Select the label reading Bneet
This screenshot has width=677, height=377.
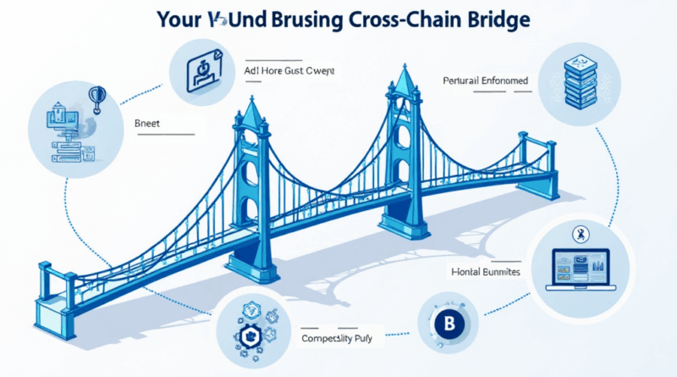click(x=148, y=122)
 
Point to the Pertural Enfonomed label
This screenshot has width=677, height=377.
click(x=486, y=80)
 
